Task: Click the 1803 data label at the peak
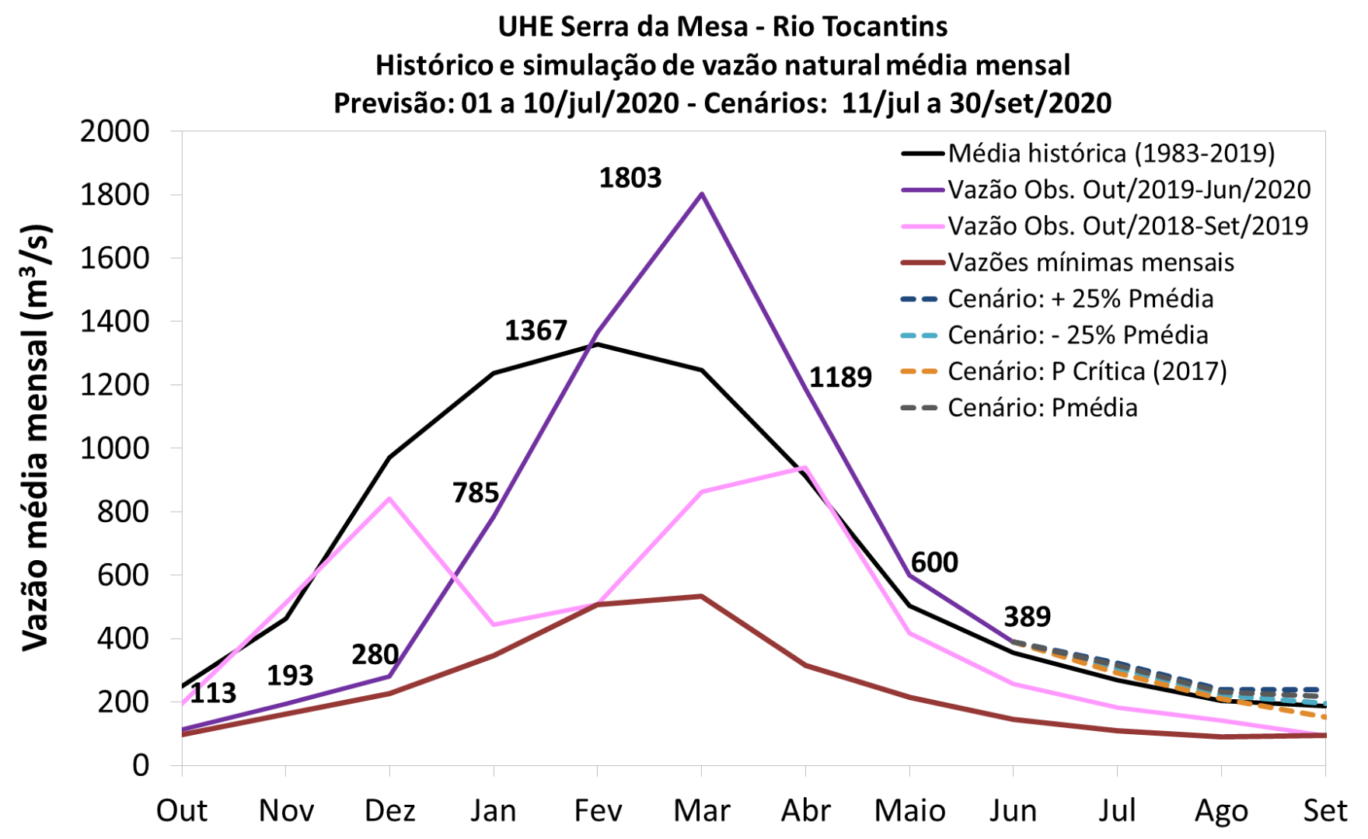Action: coord(630,178)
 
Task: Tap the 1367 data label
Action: coord(536,331)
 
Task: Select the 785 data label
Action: coord(476,493)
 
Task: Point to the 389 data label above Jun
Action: coord(1027,617)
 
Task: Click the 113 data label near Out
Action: coord(213,693)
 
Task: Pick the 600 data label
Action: coord(934,562)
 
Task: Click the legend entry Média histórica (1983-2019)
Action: coord(1111,153)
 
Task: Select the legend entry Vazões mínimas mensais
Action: coord(1091,263)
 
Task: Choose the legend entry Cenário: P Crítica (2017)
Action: coord(1087,371)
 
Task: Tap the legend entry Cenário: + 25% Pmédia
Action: coord(1080,299)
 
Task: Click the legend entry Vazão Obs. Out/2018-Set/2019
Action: coord(1128,226)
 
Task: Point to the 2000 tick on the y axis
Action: coord(114,131)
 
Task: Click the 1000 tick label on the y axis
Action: coord(114,448)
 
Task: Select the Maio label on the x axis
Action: coord(909,811)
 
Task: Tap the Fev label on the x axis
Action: coord(598,811)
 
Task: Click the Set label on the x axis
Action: coord(1324,811)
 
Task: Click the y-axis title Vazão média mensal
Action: coord(36,439)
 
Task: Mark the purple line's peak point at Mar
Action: coord(702,193)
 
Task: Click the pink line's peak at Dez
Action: coord(389,499)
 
